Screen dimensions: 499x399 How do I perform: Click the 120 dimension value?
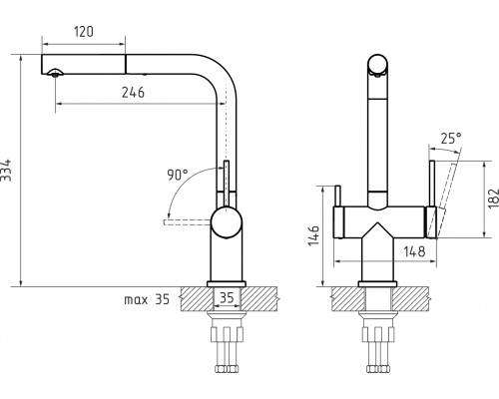[83, 32]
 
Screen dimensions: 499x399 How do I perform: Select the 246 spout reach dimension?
[133, 93]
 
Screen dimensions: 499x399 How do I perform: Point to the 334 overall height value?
[6, 171]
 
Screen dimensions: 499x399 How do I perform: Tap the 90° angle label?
[178, 175]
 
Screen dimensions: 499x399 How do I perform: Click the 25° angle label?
[451, 139]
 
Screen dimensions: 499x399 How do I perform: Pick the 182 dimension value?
[493, 199]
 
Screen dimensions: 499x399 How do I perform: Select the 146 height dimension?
[314, 235]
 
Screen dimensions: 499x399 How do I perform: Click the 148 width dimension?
[414, 251]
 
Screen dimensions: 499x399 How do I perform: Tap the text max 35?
[147, 299]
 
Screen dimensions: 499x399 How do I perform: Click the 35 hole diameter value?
[227, 297]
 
